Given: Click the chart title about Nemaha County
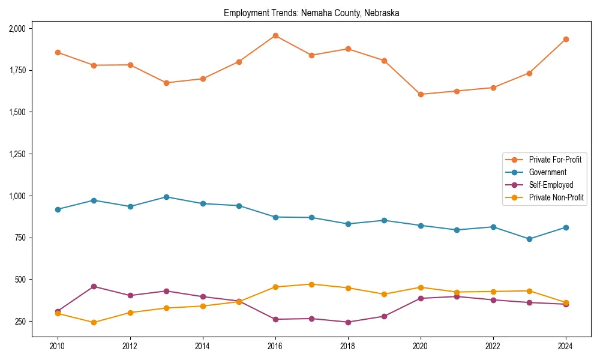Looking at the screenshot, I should tap(311, 13).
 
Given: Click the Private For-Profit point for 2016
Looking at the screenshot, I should tap(275, 35).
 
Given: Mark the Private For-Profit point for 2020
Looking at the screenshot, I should tap(421, 94).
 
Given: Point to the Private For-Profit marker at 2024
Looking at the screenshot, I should tap(566, 39).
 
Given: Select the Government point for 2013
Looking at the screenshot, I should tap(166, 197).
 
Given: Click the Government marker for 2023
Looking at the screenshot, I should tap(529, 239).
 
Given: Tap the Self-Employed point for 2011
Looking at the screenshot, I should tap(94, 286).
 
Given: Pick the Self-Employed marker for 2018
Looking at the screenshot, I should tap(348, 322).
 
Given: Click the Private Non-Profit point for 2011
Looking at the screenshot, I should tap(94, 322).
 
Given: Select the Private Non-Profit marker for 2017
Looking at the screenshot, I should tap(311, 284).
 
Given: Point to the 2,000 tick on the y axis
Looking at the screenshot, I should tap(17, 29).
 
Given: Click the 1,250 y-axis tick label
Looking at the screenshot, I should tap(17, 154).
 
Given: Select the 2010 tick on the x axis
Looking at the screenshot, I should tap(58, 346).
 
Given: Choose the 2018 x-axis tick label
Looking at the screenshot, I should tap(348, 346).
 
